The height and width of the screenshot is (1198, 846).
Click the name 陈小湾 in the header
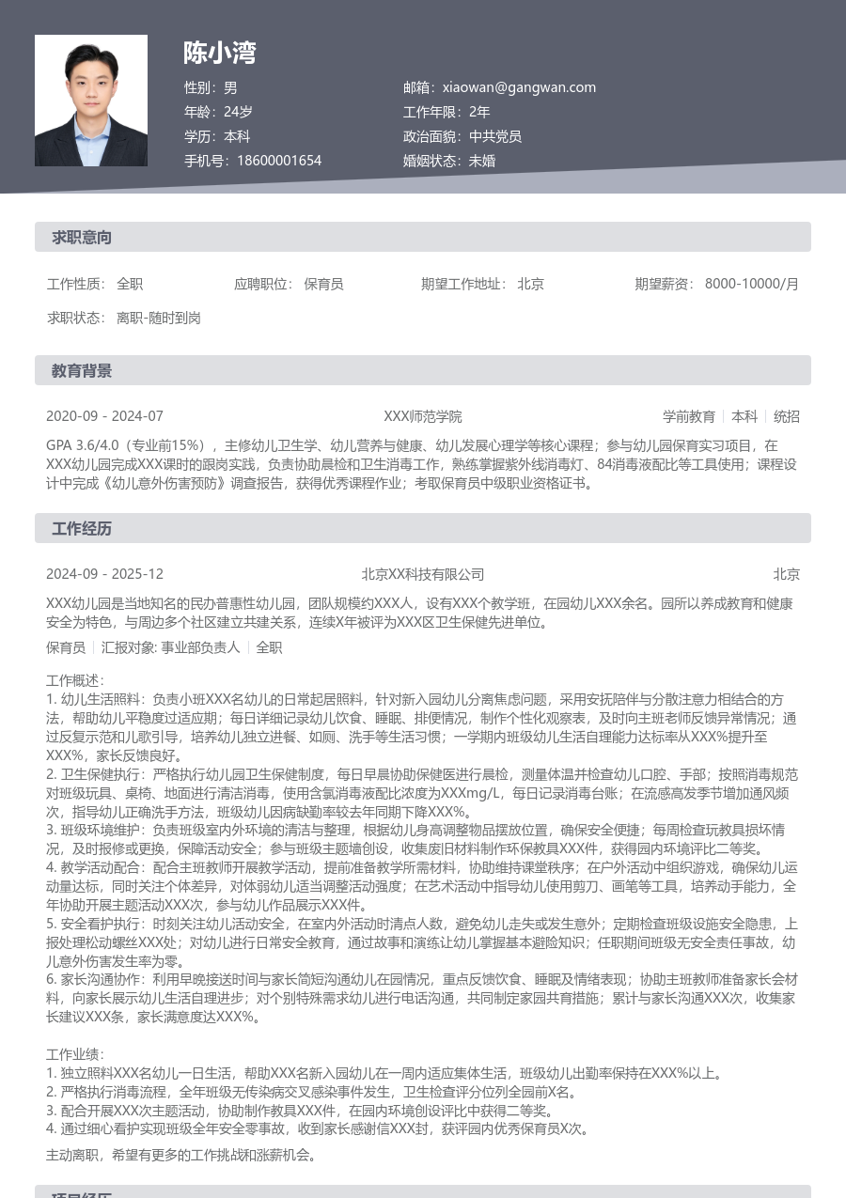(220, 53)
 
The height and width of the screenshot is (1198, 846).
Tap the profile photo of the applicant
(91, 101)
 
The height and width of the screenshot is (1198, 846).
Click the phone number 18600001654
(279, 161)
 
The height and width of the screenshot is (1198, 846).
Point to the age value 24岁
(238, 112)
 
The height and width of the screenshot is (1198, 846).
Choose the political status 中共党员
(495, 136)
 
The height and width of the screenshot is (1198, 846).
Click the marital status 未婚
(482, 161)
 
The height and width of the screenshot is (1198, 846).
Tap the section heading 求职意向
(82, 238)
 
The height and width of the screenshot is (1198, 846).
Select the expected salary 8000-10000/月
(752, 284)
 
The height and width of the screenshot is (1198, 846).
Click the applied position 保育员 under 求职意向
(323, 284)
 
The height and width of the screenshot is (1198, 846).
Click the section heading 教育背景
(82, 371)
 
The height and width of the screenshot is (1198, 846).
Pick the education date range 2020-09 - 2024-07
(104, 416)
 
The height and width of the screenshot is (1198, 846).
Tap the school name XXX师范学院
(423, 416)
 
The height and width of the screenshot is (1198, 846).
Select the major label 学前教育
(689, 416)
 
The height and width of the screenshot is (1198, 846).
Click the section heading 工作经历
(82, 529)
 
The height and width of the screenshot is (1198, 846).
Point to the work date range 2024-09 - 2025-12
(104, 574)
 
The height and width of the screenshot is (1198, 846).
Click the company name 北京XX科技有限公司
(423, 574)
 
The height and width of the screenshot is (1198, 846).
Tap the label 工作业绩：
(76, 1055)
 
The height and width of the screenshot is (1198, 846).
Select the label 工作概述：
(76, 680)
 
